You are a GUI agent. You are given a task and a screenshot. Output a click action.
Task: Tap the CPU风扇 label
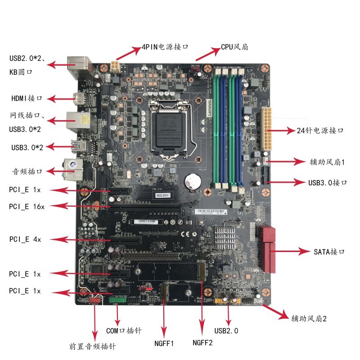(234, 47)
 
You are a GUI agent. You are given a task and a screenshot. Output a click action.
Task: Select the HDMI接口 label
(27, 99)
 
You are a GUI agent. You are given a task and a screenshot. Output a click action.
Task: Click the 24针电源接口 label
(321, 130)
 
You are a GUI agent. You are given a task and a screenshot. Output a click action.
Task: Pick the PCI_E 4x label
(25, 239)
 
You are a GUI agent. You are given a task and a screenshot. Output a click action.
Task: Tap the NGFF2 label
(202, 343)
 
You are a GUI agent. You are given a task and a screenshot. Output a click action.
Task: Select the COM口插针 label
(124, 331)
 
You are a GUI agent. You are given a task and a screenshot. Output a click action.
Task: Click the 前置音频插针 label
(93, 347)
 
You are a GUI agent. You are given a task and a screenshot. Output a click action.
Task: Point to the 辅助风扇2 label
(309, 319)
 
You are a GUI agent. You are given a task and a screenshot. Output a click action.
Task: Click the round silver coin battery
(193, 181)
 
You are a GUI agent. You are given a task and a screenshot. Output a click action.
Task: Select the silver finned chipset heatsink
(225, 235)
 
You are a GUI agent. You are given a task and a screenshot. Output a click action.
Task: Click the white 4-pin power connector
(116, 68)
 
